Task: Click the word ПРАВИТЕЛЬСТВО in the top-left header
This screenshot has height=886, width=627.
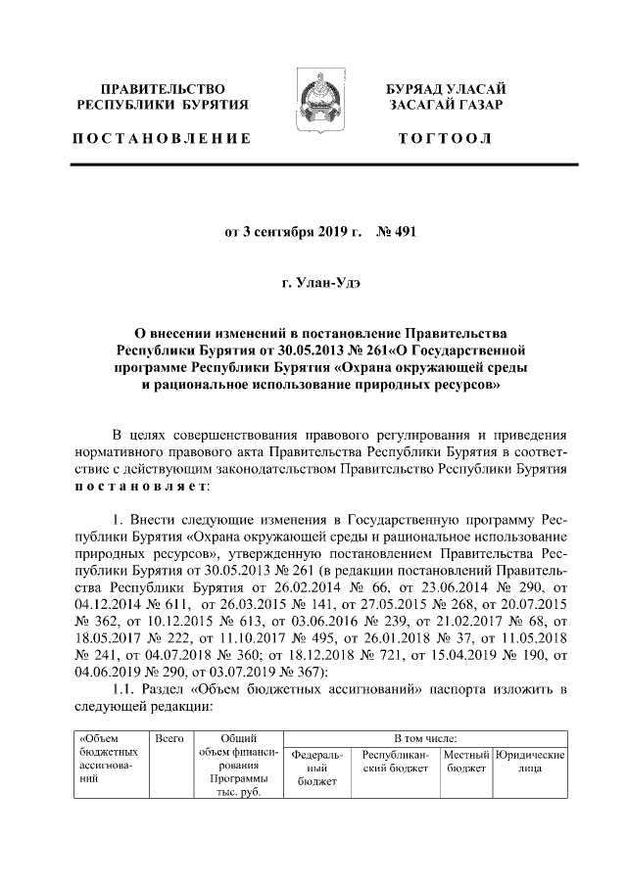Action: coord(163,89)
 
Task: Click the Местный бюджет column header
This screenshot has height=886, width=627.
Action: coord(464,762)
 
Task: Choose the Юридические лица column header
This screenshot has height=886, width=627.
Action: coord(530,762)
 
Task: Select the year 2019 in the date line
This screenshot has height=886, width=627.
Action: coord(329,232)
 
